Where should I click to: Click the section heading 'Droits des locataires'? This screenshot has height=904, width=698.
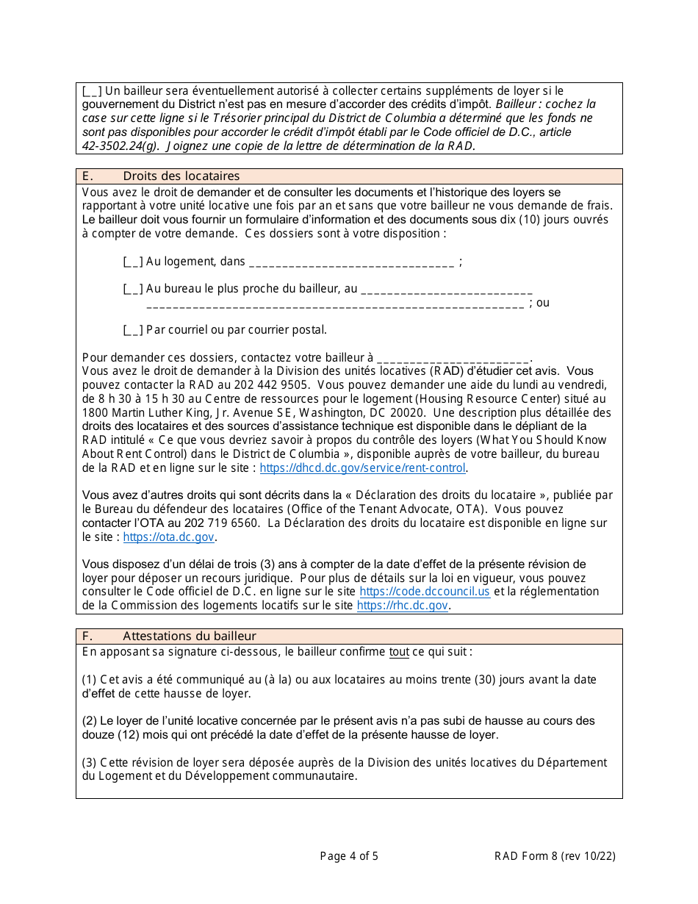[181, 176]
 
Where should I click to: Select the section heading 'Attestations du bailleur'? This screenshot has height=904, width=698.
[190, 636]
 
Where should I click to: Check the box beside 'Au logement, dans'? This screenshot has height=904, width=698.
[133, 262]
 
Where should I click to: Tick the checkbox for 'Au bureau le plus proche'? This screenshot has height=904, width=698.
[133, 289]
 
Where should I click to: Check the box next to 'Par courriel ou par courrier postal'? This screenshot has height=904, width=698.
[133, 330]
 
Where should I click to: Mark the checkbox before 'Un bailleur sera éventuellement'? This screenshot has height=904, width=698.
[93, 91]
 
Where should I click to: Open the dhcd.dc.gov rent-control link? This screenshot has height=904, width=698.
[363, 468]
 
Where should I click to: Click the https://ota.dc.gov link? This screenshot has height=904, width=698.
[168, 537]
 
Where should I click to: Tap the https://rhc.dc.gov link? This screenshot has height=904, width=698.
[402, 606]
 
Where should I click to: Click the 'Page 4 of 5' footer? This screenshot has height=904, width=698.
[349, 855]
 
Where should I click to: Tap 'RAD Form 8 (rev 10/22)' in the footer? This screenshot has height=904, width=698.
[555, 855]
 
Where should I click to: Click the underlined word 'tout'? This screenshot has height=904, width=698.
[399, 652]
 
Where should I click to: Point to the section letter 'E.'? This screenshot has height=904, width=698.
[87, 176]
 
